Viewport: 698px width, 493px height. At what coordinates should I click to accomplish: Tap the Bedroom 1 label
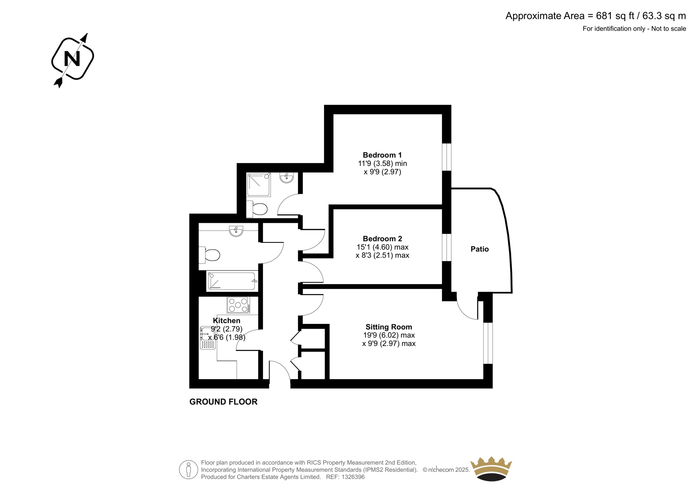point(382,155)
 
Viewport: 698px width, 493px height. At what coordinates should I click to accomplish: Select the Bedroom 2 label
point(382,238)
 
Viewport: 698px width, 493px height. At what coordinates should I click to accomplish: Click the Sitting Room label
point(389,326)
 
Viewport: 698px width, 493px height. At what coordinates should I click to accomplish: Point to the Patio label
point(479,249)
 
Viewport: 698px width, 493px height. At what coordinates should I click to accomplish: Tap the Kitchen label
point(226,320)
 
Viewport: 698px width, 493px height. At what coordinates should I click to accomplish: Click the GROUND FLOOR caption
point(223,402)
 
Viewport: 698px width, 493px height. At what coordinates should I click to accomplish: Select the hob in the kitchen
point(238,305)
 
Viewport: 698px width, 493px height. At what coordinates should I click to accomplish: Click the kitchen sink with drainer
point(208,337)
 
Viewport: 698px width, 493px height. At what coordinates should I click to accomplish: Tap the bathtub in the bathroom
point(232,281)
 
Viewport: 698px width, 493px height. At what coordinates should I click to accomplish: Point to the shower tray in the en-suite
point(259,185)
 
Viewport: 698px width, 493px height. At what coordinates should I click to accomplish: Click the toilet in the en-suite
point(257,209)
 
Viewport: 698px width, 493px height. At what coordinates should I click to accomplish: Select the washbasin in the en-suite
point(287,177)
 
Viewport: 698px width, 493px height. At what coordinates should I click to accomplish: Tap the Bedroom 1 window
point(447,157)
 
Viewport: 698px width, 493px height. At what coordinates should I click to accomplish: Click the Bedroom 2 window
point(447,247)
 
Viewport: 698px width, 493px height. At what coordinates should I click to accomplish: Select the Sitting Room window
point(488,343)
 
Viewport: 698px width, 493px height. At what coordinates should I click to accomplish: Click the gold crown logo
point(491,469)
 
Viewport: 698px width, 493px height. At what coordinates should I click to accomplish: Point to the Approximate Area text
point(595,16)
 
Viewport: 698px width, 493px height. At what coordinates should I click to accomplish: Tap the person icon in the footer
point(188,469)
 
